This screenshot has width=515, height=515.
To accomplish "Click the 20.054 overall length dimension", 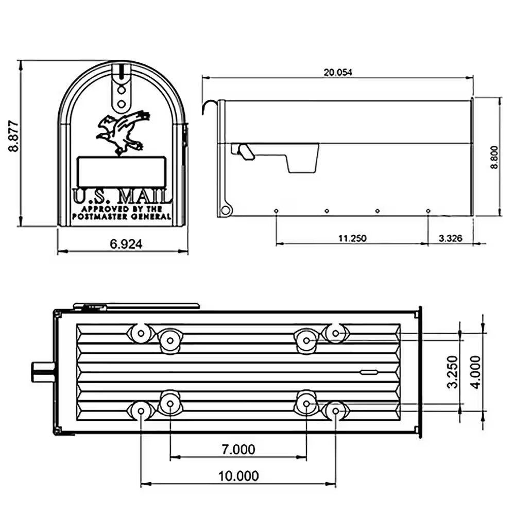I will pyautogui.click(x=337, y=73).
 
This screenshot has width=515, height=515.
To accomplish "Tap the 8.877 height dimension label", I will pyautogui.click(x=13, y=136).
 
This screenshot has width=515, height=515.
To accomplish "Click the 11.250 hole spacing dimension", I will pyautogui.click(x=352, y=238).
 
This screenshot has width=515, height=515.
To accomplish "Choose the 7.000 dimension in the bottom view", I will pyautogui.click(x=238, y=450).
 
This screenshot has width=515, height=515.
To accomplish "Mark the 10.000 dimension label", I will pyautogui.click(x=238, y=476).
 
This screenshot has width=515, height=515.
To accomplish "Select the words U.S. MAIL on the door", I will pyautogui.click(x=122, y=196).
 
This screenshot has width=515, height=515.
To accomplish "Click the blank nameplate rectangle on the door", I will pyautogui.click(x=122, y=171).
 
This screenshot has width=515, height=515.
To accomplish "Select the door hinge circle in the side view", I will pyautogui.click(x=225, y=210).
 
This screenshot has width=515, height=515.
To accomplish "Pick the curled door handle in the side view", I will pyautogui.click(x=209, y=107).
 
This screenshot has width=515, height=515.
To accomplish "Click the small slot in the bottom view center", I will pyautogui.click(x=369, y=372).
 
